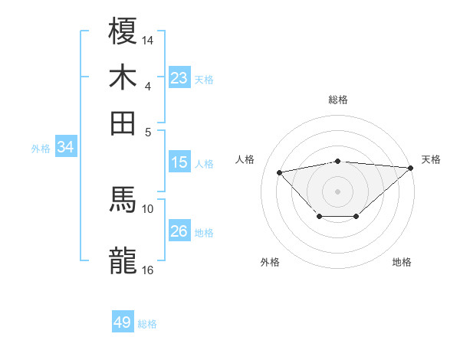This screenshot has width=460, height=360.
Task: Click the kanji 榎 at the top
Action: click(x=123, y=33)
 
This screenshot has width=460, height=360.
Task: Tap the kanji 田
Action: click(x=123, y=122)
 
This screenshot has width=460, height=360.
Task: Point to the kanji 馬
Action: click(x=123, y=200)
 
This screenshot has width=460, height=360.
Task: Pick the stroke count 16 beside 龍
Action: click(x=148, y=269)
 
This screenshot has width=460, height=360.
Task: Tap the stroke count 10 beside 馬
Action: click(x=148, y=208)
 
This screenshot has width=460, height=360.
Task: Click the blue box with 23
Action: click(x=179, y=78)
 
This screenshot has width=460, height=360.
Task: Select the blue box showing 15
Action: click(x=179, y=162)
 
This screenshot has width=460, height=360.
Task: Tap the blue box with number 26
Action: click(x=179, y=231)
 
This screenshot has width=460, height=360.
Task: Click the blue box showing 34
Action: click(x=66, y=147)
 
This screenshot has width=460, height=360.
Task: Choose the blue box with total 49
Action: click(x=123, y=322)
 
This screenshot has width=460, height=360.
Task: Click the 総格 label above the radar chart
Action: click(x=338, y=100)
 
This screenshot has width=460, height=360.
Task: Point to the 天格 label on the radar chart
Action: click(x=431, y=159)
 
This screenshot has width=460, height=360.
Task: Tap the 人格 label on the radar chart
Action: click(x=245, y=159)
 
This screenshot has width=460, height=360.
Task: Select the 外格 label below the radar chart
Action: click(x=270, y=262)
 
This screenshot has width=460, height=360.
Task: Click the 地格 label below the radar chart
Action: click(x=402, y=262)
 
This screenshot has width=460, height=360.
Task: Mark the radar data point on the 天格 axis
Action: click(x=410, y=167)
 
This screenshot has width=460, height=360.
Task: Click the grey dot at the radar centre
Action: click(x=338, y=190)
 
